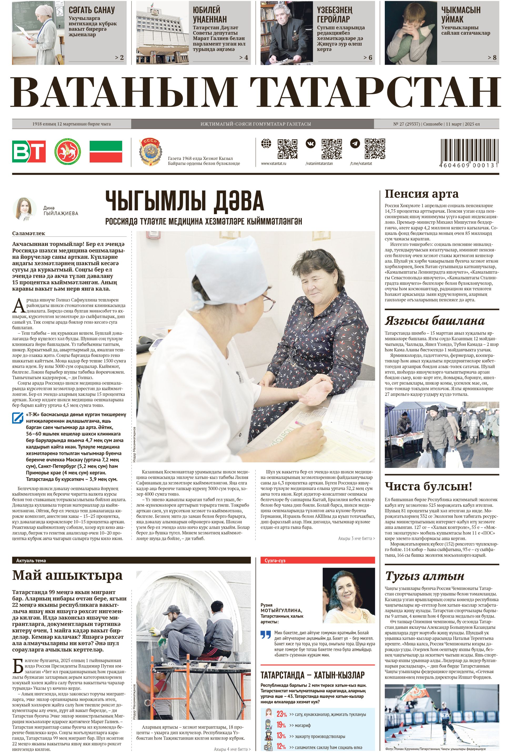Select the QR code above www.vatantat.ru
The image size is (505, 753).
point(287,149)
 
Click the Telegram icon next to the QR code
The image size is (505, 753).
point(355,144)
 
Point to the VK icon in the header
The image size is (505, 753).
point(310,144)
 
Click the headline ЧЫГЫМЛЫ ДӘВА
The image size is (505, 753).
point(185,201)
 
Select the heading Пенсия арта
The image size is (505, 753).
point(422,194)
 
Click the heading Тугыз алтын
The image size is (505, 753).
point(425,576)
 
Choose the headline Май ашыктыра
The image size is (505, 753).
point(67,575)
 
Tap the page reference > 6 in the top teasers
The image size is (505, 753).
point(367,58)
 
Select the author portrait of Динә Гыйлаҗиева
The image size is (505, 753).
point(24,209)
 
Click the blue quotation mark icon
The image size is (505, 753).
point(266,635)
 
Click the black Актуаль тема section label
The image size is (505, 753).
point(31,561)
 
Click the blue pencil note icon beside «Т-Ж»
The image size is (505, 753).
point(17,418)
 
